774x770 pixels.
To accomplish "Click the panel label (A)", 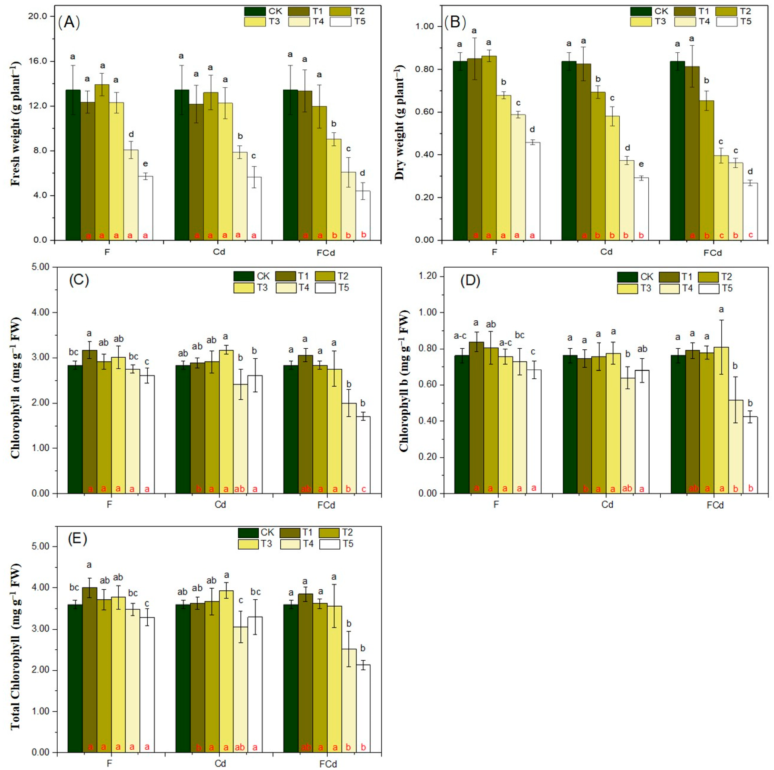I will tap(69, 22).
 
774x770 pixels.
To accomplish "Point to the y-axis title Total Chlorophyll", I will tap(15, 647).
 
